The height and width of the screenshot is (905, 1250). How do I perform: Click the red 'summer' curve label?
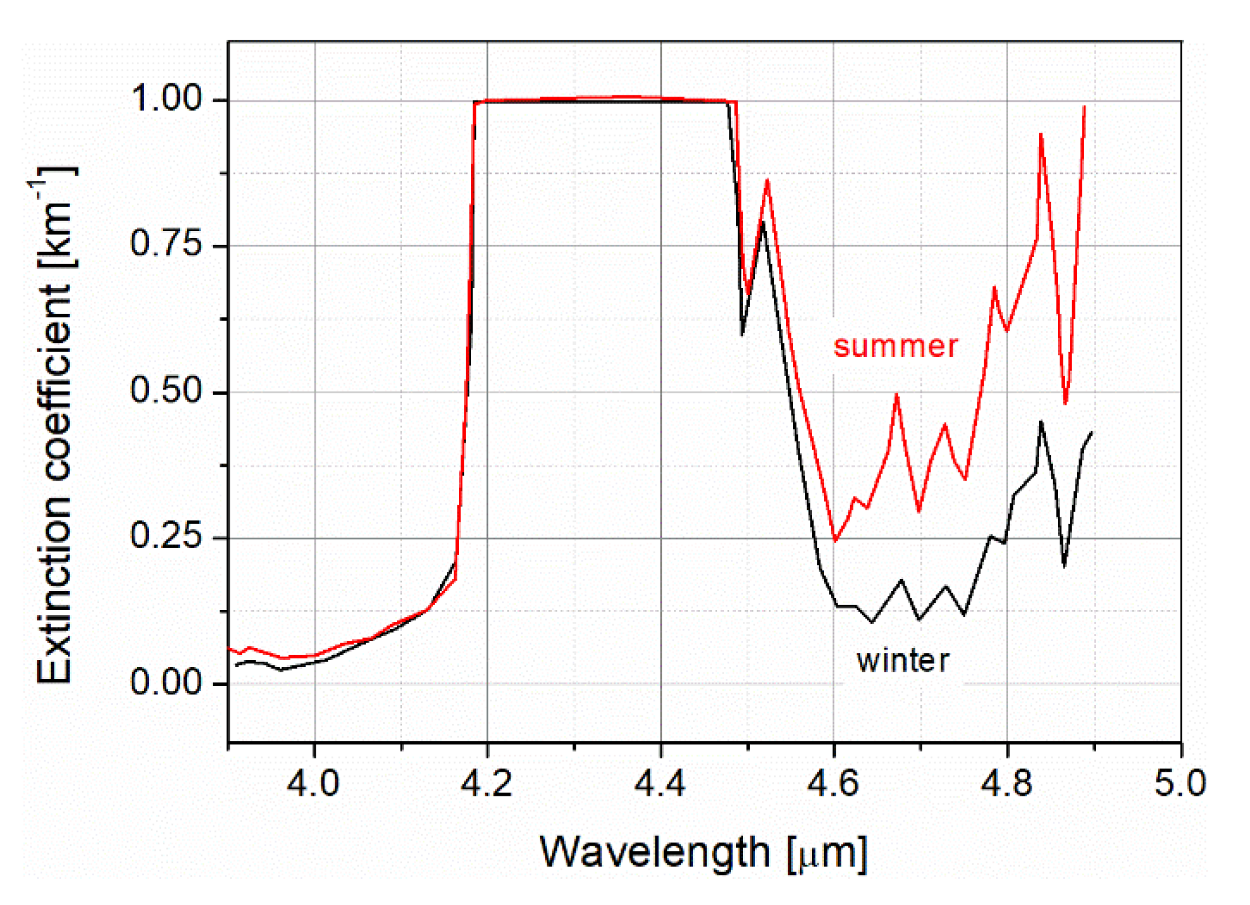[x=895, y=346]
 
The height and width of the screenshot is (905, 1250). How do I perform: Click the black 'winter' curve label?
[x=902, y=661]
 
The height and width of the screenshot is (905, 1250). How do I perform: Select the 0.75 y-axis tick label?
[x=165, y=244]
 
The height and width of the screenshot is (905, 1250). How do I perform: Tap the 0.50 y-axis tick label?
[x=165, y=390]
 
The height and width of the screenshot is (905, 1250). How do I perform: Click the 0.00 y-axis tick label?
[x=165, y=682]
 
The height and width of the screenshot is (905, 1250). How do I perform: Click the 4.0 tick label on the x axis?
[x=313, y=783]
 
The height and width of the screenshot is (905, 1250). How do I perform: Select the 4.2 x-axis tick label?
[x=487, y=783]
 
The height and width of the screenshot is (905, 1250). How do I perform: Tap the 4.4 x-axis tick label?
[x=660, y=783]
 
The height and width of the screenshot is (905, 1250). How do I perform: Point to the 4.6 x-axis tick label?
[x=833, y=783]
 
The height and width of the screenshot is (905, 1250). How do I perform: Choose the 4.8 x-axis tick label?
[x=1007, y=783]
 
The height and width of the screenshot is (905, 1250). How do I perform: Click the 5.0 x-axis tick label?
[x=1180, y=783]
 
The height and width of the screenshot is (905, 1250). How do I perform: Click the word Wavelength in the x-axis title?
[x=655, y=853]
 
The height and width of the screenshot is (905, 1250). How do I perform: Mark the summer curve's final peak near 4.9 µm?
[x=1084, y=107]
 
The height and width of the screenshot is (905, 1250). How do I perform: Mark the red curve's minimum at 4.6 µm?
[x=835, y=541]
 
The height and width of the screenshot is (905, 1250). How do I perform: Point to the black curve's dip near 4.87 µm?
[x=1064, y=565]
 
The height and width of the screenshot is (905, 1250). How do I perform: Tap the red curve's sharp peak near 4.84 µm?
[x=1040, y=135]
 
